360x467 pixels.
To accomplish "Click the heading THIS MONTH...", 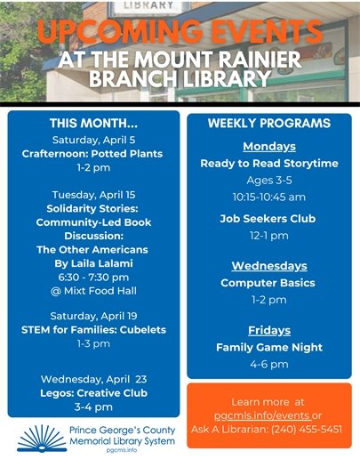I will (x=92, y=123).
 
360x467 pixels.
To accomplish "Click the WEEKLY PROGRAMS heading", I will (x=268, y=122).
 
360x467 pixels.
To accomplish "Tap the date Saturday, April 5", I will (x=92, y=140).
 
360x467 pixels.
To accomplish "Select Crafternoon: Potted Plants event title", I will (x=92, y=153).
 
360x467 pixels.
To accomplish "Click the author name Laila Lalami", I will (x=92, y=263).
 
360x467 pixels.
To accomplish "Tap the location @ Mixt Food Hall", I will (x=92, y=291).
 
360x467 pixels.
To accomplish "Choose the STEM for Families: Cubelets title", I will (x=92, y=330).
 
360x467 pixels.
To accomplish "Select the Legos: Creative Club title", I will (x=92, y=392).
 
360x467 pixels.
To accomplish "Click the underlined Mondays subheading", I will (x=268, y=147).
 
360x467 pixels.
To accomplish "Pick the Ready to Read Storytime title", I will (x=268, y=164).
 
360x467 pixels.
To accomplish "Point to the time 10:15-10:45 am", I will (x=268, y=196).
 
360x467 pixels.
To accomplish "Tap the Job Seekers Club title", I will (x=268, y=219).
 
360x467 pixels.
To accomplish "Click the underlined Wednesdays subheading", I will (x=268, y=266).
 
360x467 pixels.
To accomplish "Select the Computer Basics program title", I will (x=268, y=283).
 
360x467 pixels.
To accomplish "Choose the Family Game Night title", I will (x=268, y=348).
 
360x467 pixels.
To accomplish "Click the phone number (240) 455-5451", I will (x=308, y=430).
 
